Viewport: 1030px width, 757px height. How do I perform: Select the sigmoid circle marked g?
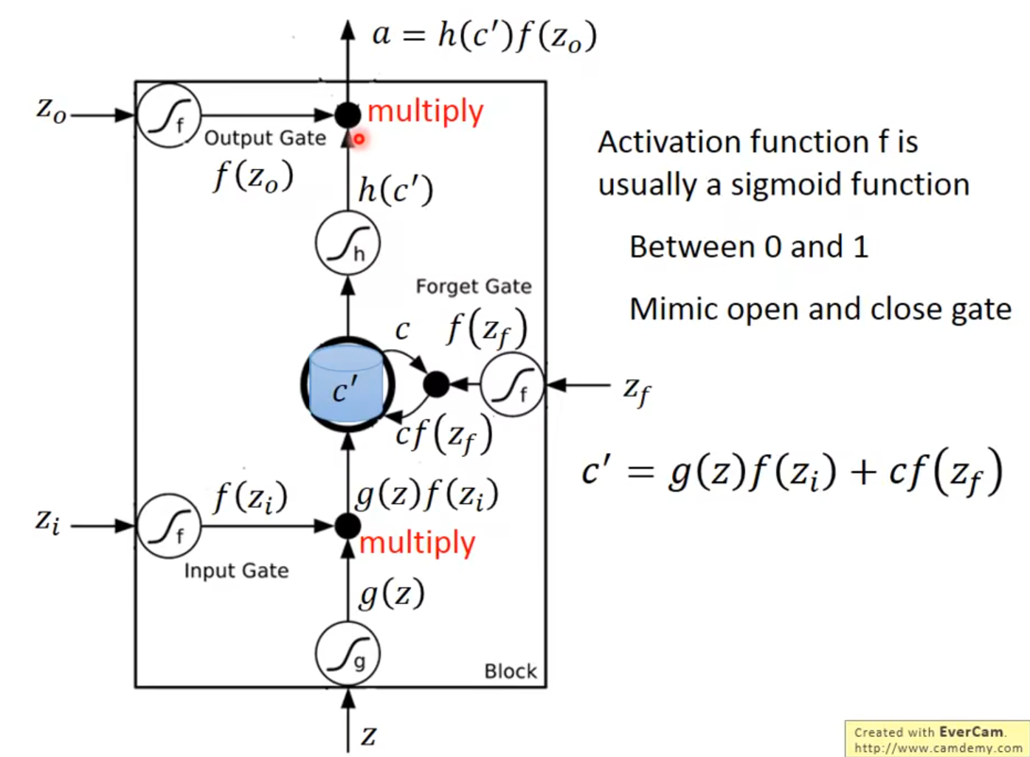tap(347, 654)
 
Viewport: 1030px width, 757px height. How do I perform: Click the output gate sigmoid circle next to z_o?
tap(169, 115)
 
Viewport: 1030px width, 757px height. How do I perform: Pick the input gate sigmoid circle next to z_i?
tap(169, 526)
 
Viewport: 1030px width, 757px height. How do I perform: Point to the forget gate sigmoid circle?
tap(512, 384)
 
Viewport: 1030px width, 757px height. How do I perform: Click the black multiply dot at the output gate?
tap(348, 115)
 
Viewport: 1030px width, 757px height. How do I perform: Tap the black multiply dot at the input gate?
tap(348, 526)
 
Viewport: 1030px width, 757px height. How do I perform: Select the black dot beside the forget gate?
tap(436, 384)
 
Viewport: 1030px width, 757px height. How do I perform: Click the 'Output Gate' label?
tap(265, 138)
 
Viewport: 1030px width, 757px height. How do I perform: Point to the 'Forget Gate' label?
tap(474, 286)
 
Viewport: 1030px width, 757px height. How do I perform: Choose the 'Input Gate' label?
tap(236, 570)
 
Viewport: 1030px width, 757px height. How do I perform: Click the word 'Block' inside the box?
tap(511, 671)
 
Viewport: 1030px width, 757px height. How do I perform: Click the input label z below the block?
tap(369, 736)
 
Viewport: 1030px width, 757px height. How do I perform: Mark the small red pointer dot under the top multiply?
tap(359, 138)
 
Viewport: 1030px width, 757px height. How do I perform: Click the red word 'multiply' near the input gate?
tap(418, 543)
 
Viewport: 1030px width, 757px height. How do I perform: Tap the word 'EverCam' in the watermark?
tap(971, 732)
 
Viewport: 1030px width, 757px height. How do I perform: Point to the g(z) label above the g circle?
tap(392, 593)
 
